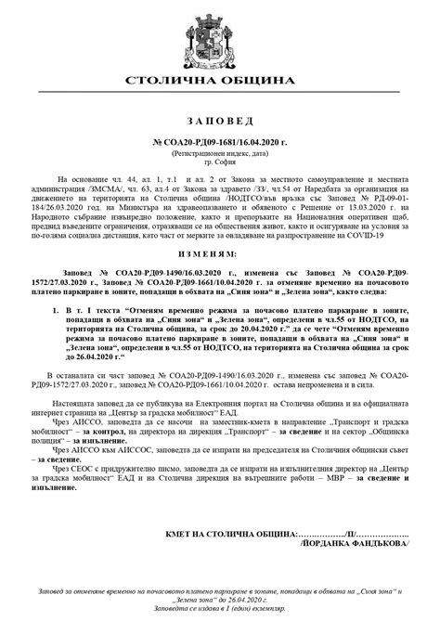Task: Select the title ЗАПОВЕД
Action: (x=219, y=122)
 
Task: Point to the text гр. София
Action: (x=219, y=159)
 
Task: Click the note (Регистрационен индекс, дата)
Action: (x=219, y=149)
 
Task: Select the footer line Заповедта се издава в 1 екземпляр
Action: (x=219, y=612)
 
